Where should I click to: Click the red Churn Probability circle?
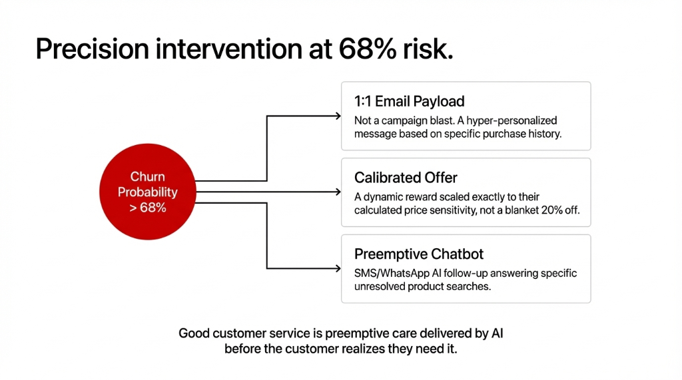pyautogui.click(x=147, y=192)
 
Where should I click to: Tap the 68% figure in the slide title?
pyautogui.click(x=365, y=50)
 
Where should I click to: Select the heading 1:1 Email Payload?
pyautogui.click(x=409, y=101)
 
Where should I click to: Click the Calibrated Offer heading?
pyautogui.click(x=406, y=178)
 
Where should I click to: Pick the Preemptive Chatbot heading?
pyautogui.click(x=418, y=254)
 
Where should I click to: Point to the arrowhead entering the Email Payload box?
pyautogui.click(x=337, y=116)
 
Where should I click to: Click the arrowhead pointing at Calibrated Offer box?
pyautogui.click(x=337, y=192)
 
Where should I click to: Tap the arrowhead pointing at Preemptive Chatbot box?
pyautogui.click(x=337, y=268)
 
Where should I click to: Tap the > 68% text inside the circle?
pyautogui.click(x=147, y=208)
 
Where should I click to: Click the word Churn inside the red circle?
pyautogui.click(x=147, y=177)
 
